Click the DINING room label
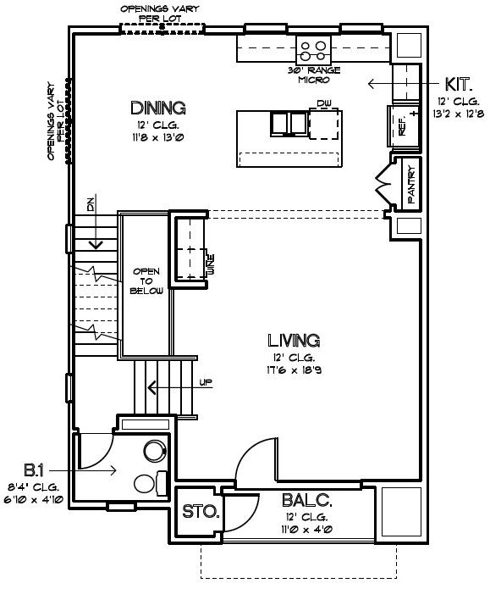(158, 108)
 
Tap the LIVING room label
(294, 341)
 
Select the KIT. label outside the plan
(458, 85)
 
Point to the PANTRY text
(411, 185)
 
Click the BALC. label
(307, 500)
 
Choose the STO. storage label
(201, 512)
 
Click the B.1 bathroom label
(34, 470)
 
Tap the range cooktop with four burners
(313, 50)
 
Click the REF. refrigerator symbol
(404, 125)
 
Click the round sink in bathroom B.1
(155, 451)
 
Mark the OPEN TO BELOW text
(146, 281)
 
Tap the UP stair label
(206, 382)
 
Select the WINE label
(211, 264)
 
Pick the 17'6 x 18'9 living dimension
(295, 370)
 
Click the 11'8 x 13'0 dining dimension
(157, 137)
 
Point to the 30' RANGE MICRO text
(314, 75)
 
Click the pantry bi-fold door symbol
(384, 184)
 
